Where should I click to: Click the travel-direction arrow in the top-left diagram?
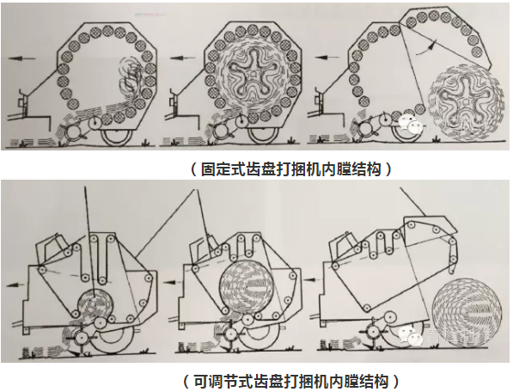[21, 58]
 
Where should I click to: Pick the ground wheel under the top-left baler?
[118, 136]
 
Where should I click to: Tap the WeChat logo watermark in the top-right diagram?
[409, 125]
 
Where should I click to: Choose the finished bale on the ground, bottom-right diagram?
[467, 313]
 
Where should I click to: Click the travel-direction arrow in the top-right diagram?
[327, 58]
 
